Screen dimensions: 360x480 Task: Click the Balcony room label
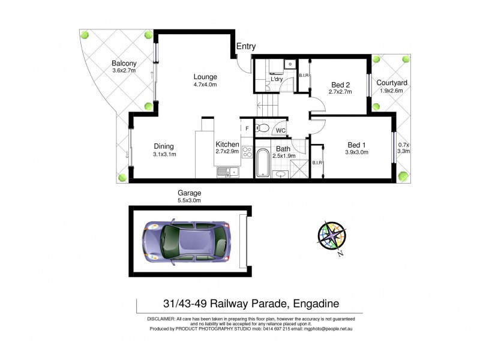tap(124, 63)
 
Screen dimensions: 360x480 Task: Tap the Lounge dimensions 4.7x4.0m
tap(205, 85)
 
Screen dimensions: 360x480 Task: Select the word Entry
tap(246, 46)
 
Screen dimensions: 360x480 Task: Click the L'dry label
tap(277, 79)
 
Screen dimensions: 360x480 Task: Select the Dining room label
tap(163, 146)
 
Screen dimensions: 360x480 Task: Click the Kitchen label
tap(227, 144)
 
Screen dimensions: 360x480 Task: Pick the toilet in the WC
tap(262, 127)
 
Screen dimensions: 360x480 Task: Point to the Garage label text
tap(189, 193)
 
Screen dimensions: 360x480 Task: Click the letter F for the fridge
tap(246, 128)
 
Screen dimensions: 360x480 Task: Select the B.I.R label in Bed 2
tap(304, 76)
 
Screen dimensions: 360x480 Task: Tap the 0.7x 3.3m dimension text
tap(404, 148)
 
